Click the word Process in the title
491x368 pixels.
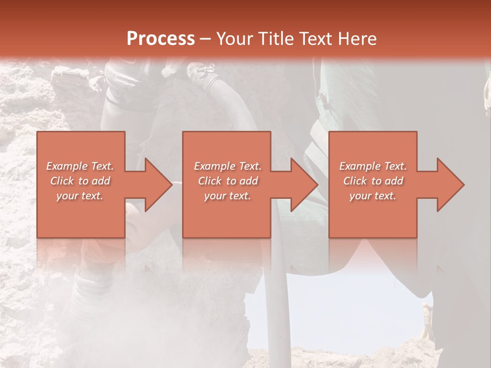pyautogui.click(x=161, y=39)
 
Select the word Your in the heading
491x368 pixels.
pyautogui.click(x=235, y=39)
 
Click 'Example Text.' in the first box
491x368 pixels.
pyautogui.click(x=80, y=166)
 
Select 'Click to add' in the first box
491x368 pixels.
pyautogui.click(x=80, y=181)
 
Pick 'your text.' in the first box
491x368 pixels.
pyautogui.click(x=80, y=196)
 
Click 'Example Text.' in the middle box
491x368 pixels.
pyautogui.click(x=228, y=166)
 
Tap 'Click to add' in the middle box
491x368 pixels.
pyautogui.click(x=228, y=181)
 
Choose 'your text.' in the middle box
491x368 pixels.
pyautogui.click(x=228, y=196)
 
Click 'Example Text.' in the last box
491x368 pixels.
pyautogui.click(x=373, y=166)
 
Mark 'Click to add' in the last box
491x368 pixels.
pyautogui.click(x=373, y=181)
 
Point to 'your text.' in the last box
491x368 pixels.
pyautogui.click(x=373, y=196)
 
